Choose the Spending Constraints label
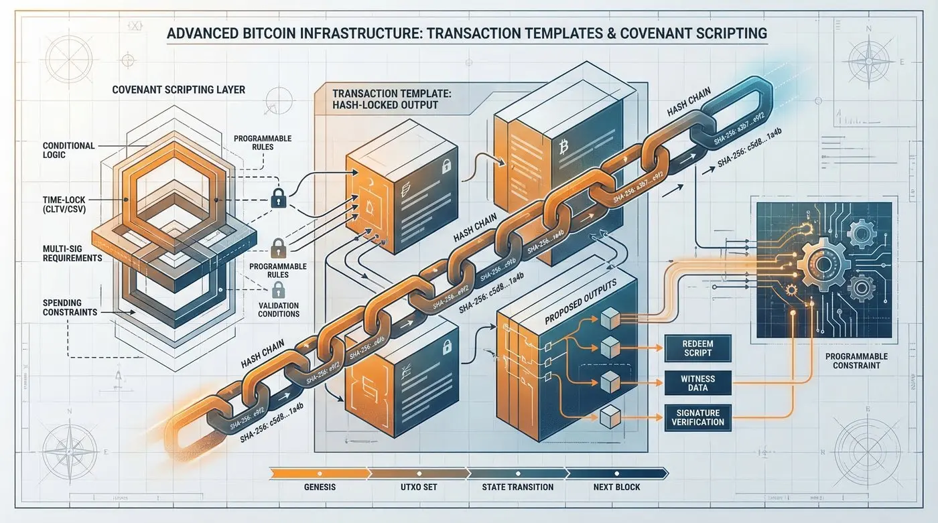coord(70,307)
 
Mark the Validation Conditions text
coord(279,309)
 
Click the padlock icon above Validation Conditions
coord(278,289)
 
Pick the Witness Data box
coord(697,383)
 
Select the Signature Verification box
coord(697,417)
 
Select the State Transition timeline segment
coord(517,486)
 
